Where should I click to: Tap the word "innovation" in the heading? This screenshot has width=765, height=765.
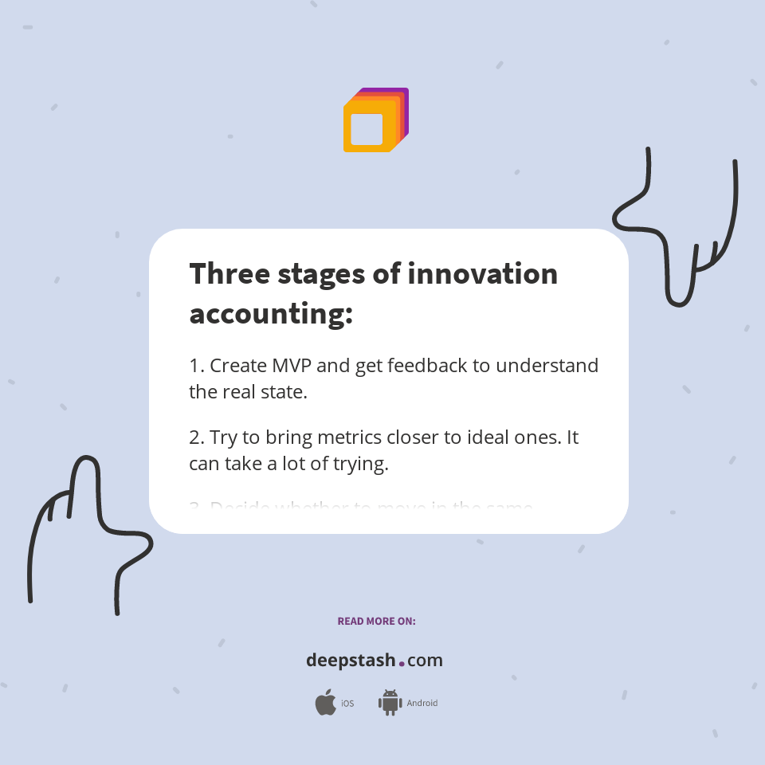pyautogui.click(x=482, y=273)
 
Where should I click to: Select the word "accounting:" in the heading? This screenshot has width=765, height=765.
pyautogui.click(x=271, y=313)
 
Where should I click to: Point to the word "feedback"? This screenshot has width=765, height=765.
pyautogui.click(x=437, y=366)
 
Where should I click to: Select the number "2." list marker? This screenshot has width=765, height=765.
pyautogui.click(x=197, y=437)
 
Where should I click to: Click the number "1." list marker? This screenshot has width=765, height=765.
pyautogui.click(x=197, y=366)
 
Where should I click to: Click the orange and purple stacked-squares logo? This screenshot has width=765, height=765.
pyautogui.click(x=375, y=120)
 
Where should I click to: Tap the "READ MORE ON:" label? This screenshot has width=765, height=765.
pyautogui.click(x=376, y=621)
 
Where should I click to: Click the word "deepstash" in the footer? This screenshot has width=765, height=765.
pyautogui.click(x=351, y=661)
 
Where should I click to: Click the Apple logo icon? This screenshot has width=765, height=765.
pyautogui.click(x=325, y=703)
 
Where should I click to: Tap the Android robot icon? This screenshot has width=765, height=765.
pyautogui.click(x=390, y=703)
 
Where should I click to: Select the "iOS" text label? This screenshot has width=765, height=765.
pyautogui.click(x=347, y=704)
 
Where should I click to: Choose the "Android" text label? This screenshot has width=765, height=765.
pyautogui.click(x=422, y=704)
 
